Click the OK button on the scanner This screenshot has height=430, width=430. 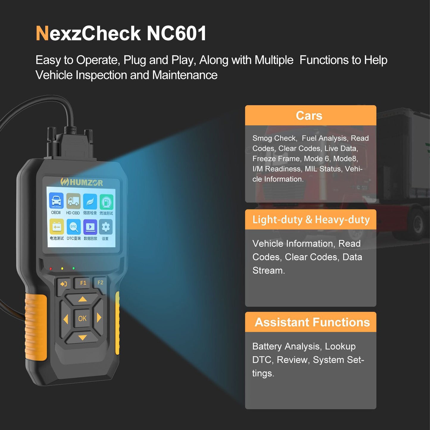82,318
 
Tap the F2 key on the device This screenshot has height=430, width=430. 100,283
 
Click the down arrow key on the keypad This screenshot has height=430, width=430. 82,338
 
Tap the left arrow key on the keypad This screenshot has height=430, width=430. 66,319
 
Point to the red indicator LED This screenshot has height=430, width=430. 51,269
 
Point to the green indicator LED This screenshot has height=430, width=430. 74,268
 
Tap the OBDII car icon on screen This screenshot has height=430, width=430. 56,201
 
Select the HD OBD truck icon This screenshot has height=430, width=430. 73,201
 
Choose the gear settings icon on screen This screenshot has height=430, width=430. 106,227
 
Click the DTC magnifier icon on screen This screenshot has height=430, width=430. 74,227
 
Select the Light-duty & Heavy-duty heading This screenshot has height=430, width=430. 311,220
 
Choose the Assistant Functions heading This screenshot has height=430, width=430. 312,322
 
